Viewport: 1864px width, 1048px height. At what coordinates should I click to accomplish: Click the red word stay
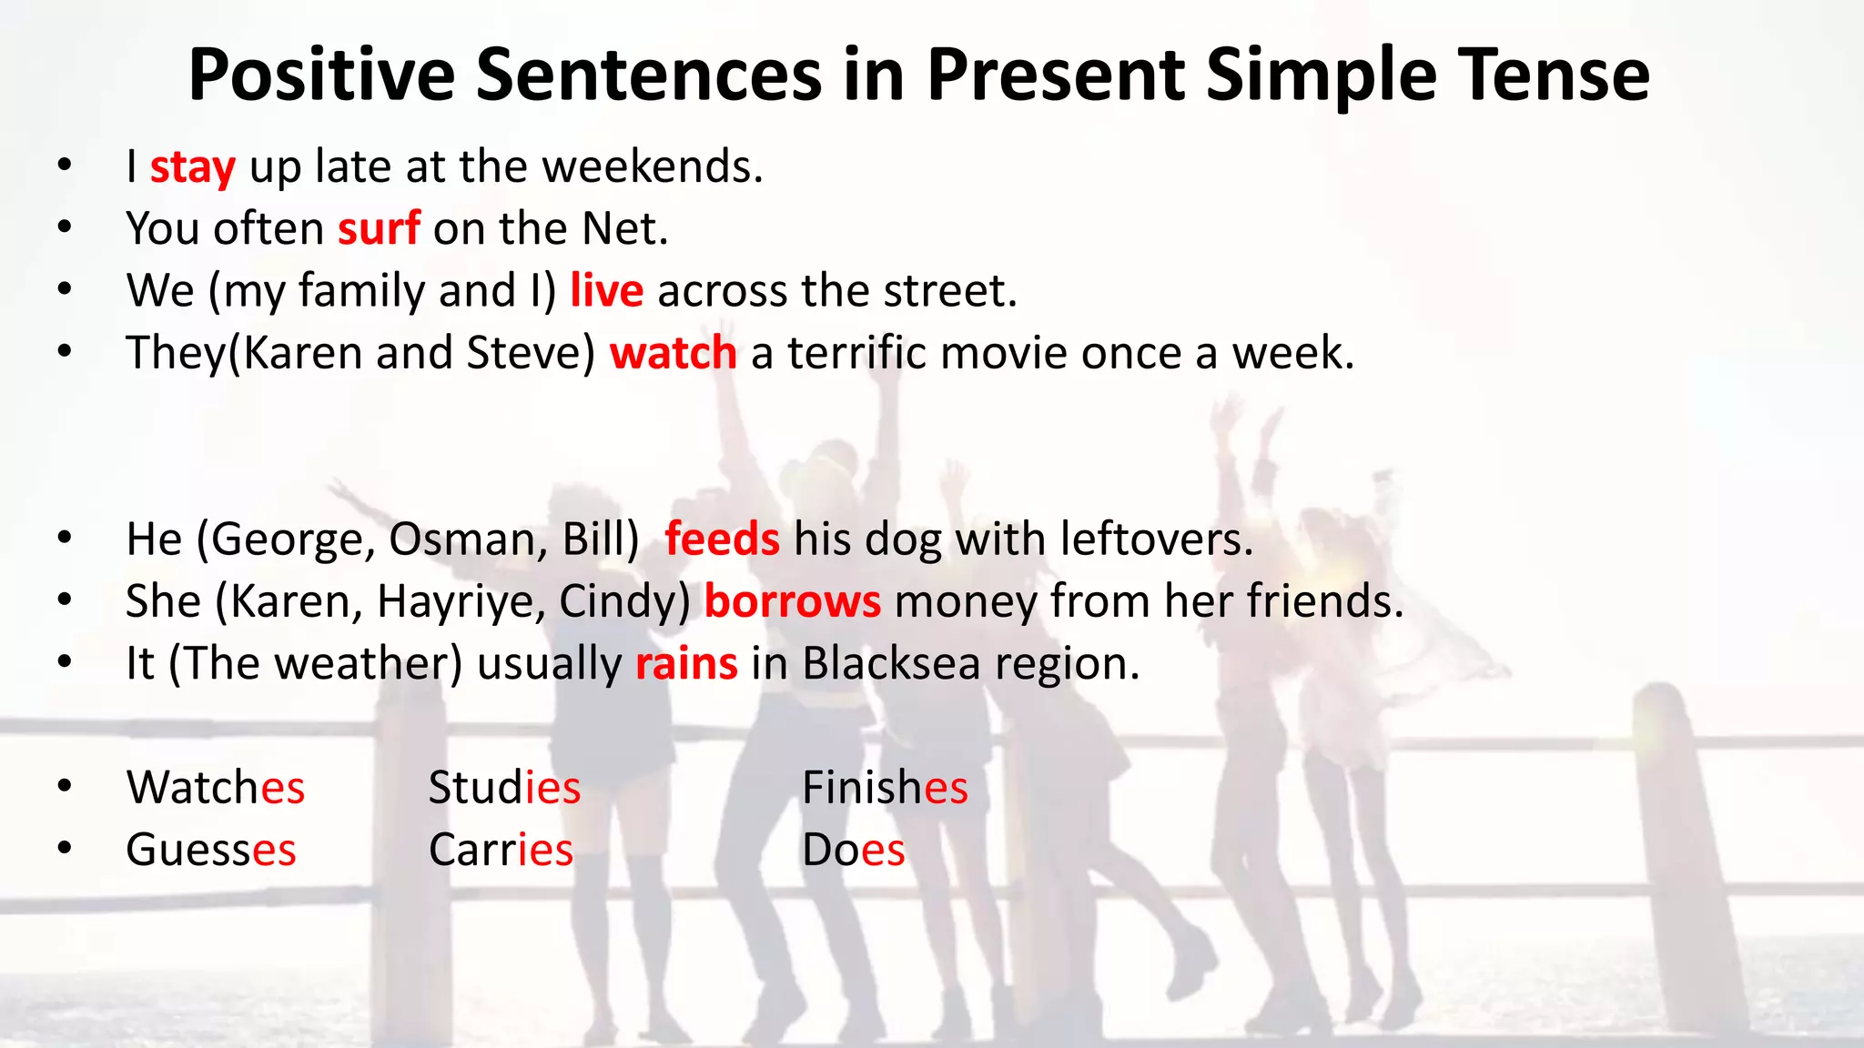coord(193,168)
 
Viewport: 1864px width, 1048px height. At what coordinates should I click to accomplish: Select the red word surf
coord(379,228)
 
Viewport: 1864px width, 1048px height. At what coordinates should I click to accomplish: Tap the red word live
coord(606,291)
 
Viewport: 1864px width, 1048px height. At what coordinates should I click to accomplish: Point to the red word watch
coord(673,353)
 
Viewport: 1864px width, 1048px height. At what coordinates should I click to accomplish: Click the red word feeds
coord(722,539)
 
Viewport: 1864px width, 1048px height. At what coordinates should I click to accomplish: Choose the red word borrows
coord(792,602)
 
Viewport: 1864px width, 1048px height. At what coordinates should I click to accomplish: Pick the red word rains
coord(686,664)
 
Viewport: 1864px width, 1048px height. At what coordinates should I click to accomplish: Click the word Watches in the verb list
coord(216,788)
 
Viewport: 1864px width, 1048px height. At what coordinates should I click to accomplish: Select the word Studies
coord(504,788)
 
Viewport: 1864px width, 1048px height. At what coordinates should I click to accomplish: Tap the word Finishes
coord(885,788)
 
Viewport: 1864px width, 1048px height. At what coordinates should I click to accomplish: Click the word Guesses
coord(211,851)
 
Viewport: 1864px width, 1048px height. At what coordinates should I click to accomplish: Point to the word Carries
coord(501,851)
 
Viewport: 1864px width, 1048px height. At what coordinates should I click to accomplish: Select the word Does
coord(853,851)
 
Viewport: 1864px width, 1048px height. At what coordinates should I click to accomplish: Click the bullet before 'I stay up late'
coord(64,166)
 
